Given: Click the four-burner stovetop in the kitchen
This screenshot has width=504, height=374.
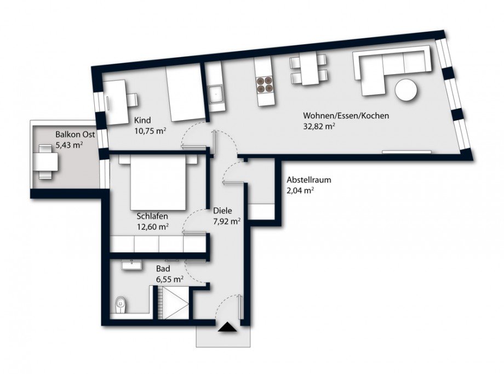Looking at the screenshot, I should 265,83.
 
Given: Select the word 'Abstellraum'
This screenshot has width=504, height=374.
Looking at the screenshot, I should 309,180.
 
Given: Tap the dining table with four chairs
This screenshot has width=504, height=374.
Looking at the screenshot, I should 310,71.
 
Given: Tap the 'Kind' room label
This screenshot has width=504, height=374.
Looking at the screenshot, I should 142,120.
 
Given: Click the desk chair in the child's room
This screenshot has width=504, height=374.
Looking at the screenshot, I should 131,100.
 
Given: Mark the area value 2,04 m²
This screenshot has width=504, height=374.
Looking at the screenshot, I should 300,190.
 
